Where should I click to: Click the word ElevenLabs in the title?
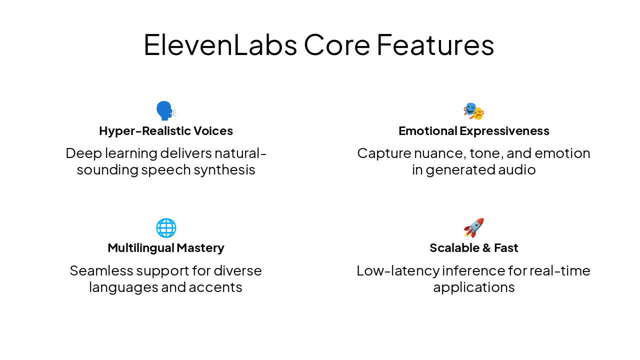point(220,45)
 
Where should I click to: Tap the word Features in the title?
point(435,45)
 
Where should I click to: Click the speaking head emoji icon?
point(165,111)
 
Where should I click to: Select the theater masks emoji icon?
point(473,111)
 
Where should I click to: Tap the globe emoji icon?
point(166,228)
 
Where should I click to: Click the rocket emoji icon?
point(473,228)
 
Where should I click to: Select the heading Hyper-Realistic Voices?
point(166,131)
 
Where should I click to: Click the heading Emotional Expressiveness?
point(473,131)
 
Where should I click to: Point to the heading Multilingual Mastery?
point(166,248)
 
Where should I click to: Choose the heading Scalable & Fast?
point(473,248)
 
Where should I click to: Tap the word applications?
point(473,287)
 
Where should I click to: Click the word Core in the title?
point(336,45)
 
